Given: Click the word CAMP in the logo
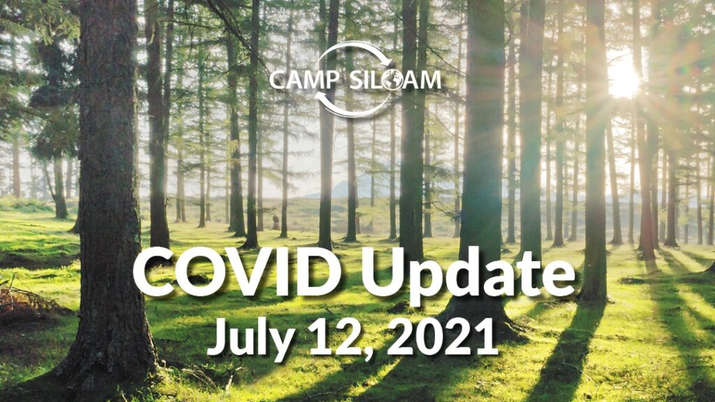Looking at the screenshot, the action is click(x=304, y=80).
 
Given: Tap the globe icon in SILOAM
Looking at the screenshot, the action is click(x=392, y=80).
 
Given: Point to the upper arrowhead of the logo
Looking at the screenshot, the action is click(x=388, y=61).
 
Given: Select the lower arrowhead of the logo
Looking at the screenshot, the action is click(x=323, y=96).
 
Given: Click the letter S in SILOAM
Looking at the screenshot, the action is click(x=357, y=80).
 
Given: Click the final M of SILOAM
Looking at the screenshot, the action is click(x=429, y=80).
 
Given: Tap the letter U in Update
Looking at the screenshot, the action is click(x=383, y=273).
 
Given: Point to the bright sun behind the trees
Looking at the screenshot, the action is click(x=623, y=78).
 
